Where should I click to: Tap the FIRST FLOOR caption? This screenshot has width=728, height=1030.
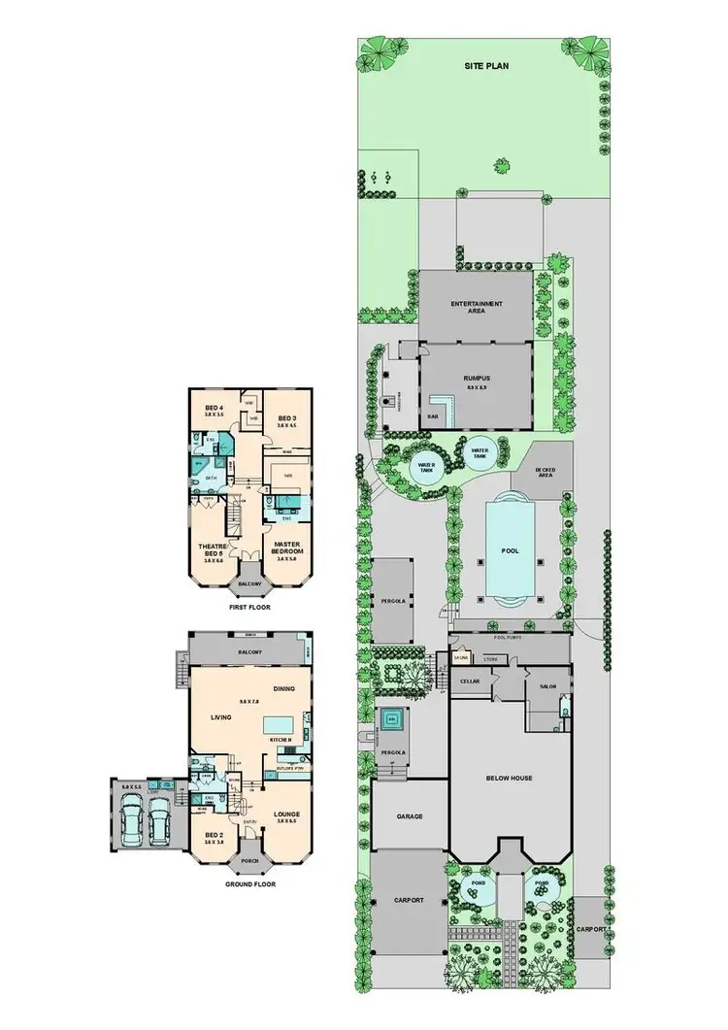pos(248,607)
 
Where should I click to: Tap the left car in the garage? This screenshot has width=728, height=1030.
pos(131,824)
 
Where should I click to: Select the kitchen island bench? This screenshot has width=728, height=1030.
pos(281,723)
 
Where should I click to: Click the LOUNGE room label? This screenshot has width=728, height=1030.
pos(288,816)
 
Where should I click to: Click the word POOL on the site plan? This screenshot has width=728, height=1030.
pos(510,550)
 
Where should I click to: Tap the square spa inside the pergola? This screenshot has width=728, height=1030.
pos(395,720)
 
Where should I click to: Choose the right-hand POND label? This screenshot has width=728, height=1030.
pos(541,884)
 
